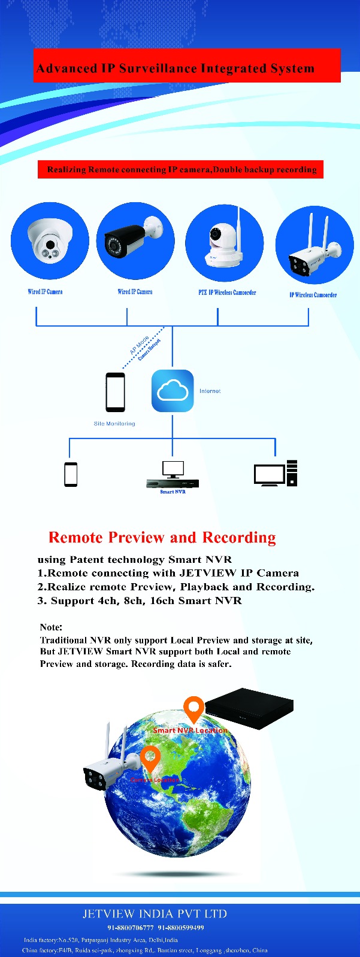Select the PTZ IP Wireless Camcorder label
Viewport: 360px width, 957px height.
pyautogui.click(x=227, y=292)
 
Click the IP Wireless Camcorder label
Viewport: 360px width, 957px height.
pyautogui.click(x=313, y=295)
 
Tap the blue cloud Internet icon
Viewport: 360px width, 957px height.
pyautogui.click(x=173, y=391)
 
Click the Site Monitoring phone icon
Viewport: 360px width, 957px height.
pyautogui.click(x=116, y=392)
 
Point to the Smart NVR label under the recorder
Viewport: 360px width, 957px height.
pyautogui.click(x=173, y=492)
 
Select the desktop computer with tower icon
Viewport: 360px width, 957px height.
pyautogui.click(x=276, y=473)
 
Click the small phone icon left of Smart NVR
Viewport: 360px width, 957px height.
pyautogui.click(x=71, y=474)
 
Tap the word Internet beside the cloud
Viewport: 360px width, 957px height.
pyautogui.click(x=210, y=391)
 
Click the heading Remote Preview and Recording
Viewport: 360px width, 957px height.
pyautogui.click(x=162, y=537)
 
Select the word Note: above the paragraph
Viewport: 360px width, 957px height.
pyautogui.click(x=51, y=627)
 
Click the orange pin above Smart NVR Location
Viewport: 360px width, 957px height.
pyautogui.click(x=193, y=709)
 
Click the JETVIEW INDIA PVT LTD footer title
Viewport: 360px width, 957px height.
pyautogui.click(x=155, y=914)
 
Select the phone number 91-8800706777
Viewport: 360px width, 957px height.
pyautogui.click(x=131, y=928)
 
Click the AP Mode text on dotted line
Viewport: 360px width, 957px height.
pyautogui.click(x=140, y=345)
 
